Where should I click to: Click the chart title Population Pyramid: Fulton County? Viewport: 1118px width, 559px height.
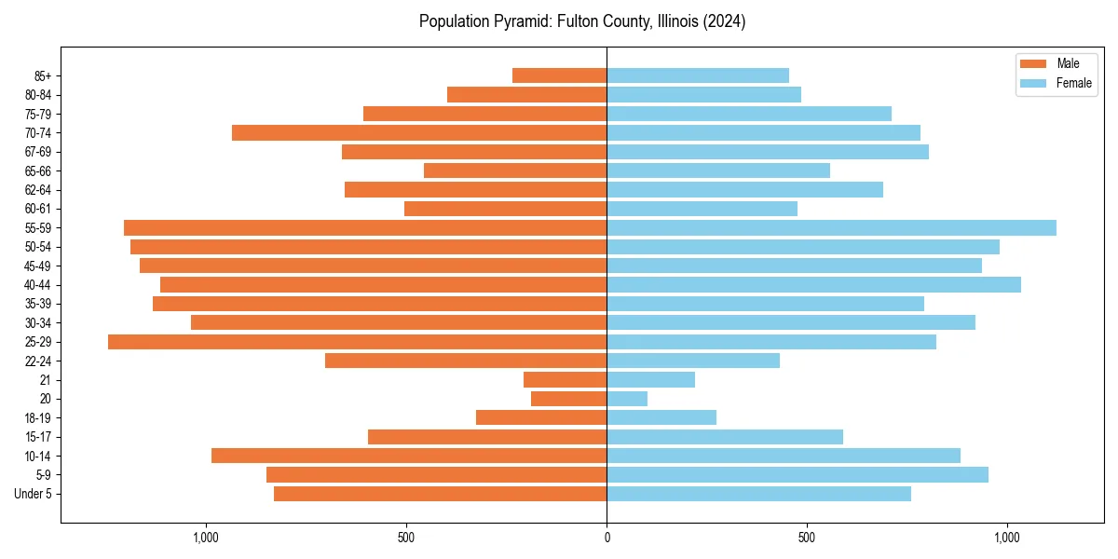coord(582,21)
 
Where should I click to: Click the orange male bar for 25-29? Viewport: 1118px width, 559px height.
coord(357,342)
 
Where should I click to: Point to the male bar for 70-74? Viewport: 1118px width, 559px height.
coord(419,132)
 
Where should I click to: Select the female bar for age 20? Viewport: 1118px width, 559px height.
coord(627,399)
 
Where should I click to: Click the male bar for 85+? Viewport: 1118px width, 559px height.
coord(559,75)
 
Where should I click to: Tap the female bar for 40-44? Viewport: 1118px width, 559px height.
coord(813,284)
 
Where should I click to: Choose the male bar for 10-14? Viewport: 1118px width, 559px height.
coord(409,456)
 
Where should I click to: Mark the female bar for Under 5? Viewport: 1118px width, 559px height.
coord(758,494)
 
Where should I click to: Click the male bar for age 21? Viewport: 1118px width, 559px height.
coord(565,379)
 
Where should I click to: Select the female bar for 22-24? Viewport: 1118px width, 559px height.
coord(693,361)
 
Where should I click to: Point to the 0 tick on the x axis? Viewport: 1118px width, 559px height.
coord(607,538)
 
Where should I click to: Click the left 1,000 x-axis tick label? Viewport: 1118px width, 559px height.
coord(205,538)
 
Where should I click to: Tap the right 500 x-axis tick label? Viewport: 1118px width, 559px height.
coord(807,538)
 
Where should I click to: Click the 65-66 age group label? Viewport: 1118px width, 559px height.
coord(38,170)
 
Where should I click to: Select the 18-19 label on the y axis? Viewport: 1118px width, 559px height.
coord(38,417)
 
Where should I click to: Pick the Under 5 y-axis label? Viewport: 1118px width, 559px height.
coord(34,494)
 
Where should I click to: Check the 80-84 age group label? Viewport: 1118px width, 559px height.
coord(38,94)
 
